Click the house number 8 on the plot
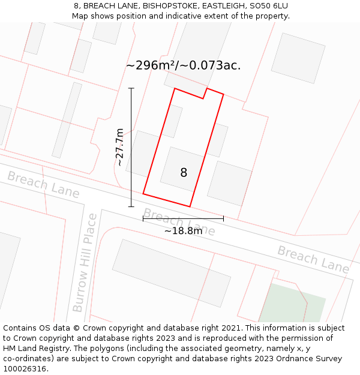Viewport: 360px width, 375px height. (184, 173)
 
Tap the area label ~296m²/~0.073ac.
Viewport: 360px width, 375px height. (184, 65)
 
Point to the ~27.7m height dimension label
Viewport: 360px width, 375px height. (120, 147)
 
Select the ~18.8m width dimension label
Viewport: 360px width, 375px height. (183, 230)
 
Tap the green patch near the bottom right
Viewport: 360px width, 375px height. (293, 304)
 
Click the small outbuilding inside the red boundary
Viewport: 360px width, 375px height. (173, 122)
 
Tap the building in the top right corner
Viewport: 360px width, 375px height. (298, 58)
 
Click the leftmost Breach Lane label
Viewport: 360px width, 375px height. (43, 184)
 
